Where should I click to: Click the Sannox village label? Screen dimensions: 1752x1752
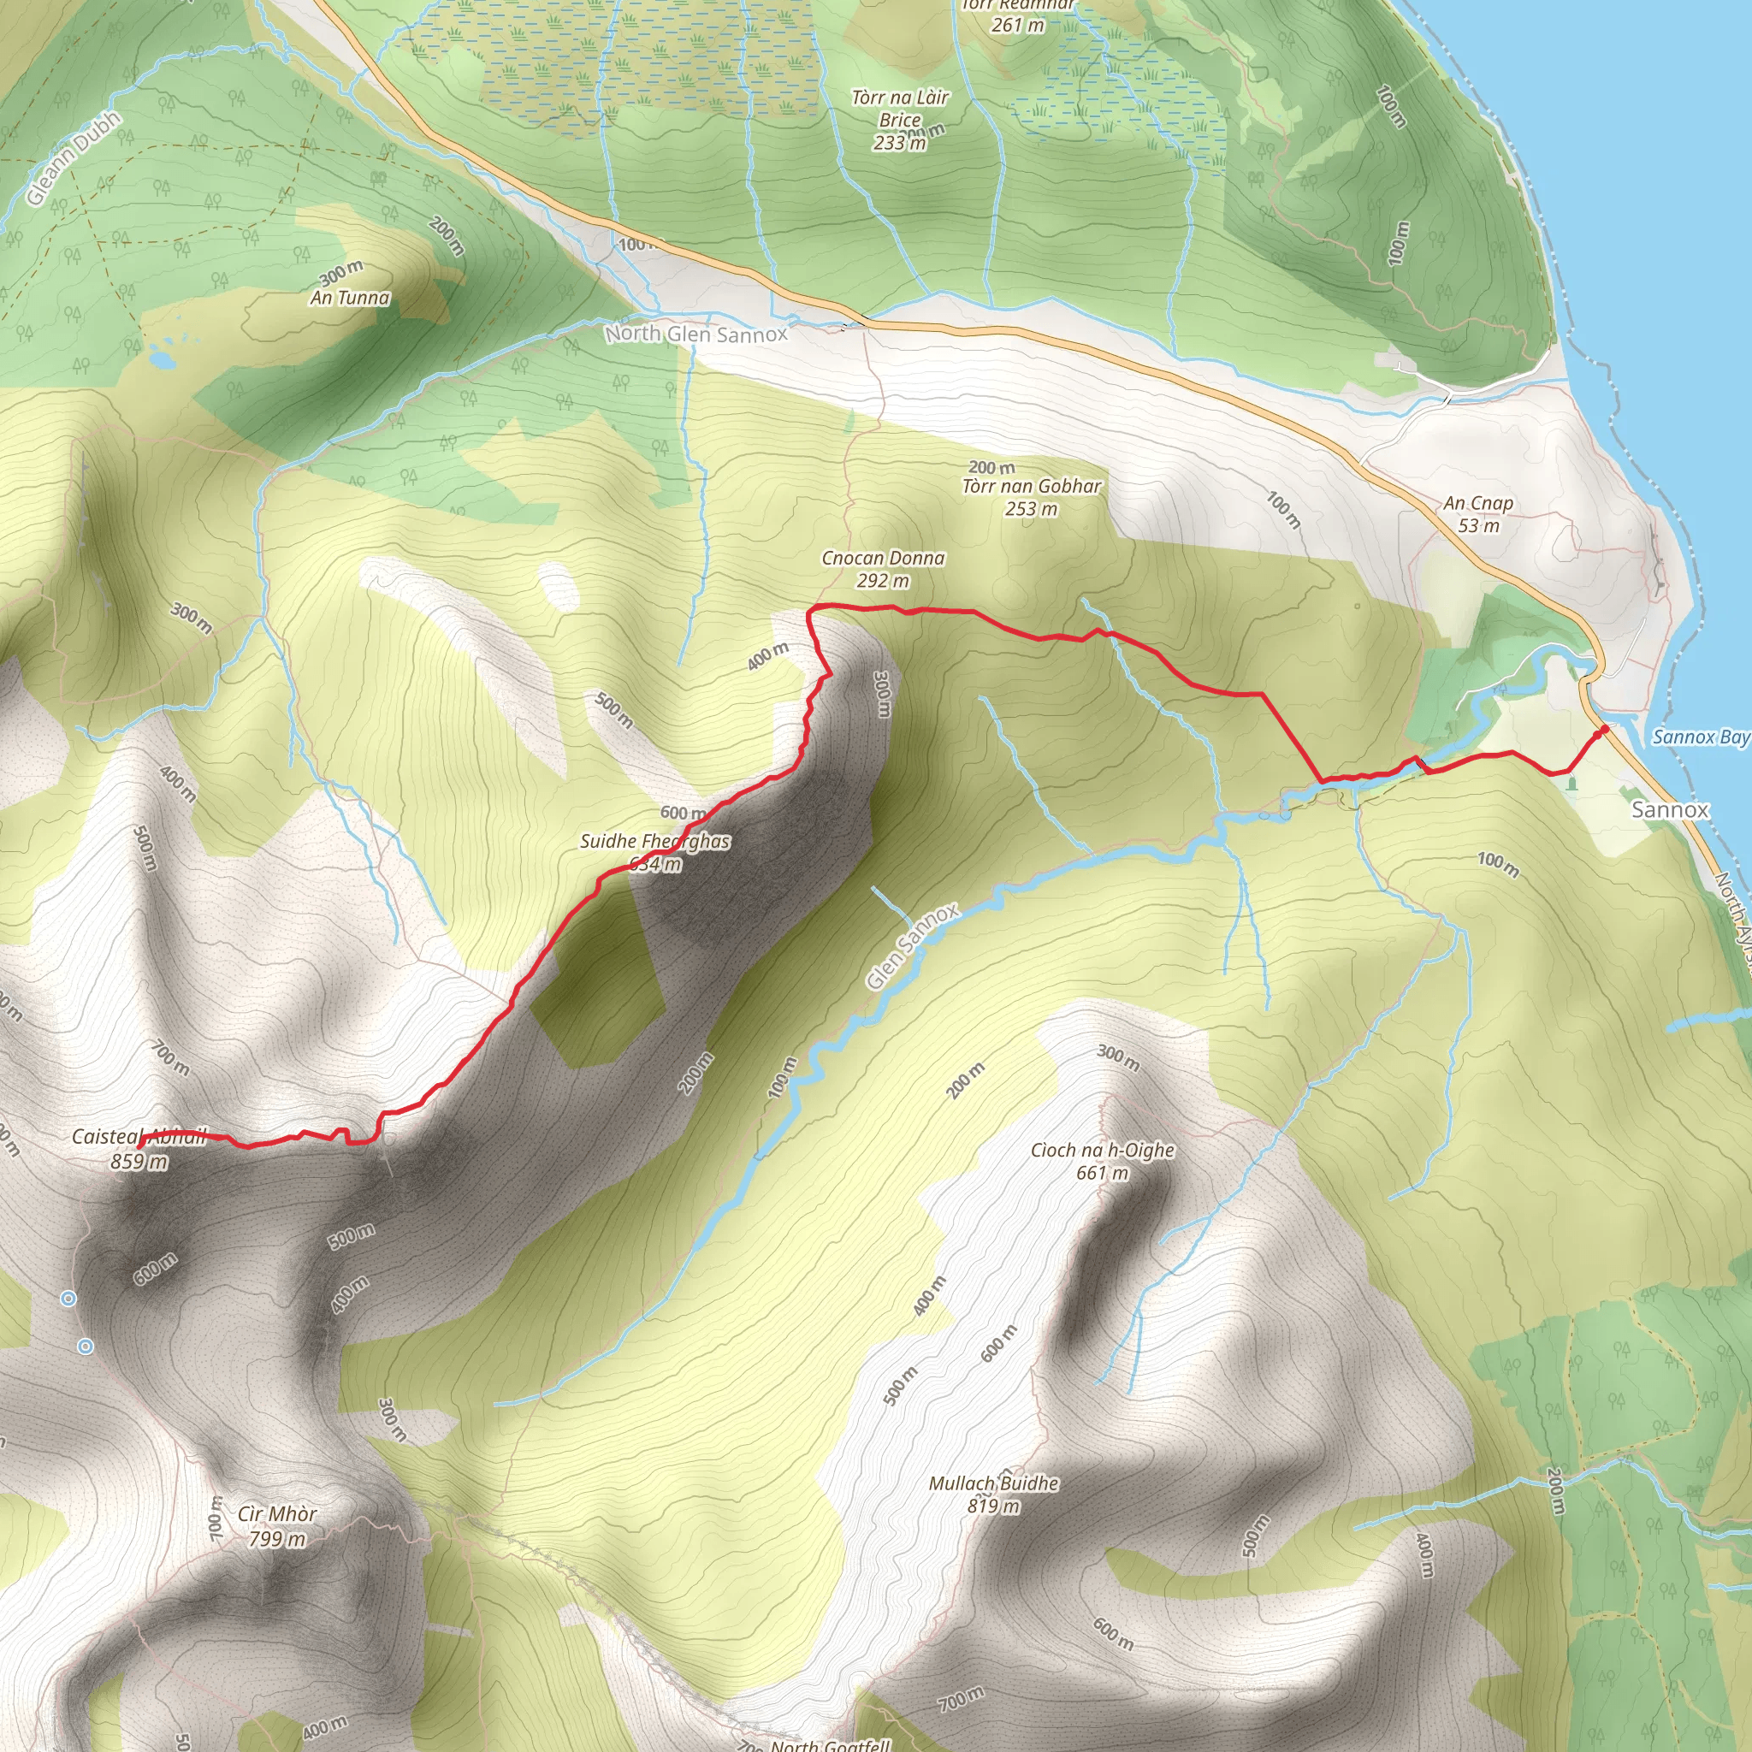coord(1670,809)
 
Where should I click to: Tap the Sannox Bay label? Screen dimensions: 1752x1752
coord(1701,737)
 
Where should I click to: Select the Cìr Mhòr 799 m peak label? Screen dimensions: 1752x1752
coord(277,1525)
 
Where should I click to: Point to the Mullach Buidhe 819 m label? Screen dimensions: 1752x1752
coord(993,1495)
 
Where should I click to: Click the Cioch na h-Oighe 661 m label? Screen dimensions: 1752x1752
coord(1102,1161)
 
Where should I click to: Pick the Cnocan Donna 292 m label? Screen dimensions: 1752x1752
coord(882,569)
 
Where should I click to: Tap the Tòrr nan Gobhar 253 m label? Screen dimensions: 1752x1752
coord(1031,497)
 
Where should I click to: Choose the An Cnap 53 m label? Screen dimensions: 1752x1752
coord(1478,513)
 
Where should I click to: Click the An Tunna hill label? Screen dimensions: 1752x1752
coord(350,298)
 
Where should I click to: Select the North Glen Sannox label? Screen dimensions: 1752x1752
coord(696,334)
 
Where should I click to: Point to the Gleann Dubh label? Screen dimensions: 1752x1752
coord(73,159)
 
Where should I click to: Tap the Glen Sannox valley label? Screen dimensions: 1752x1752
coord(911,947)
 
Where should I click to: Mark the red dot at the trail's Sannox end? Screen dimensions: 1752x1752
coord(1603,729)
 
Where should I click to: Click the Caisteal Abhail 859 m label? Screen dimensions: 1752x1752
coord(138,1148)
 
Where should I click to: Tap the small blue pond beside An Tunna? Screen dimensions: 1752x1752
coord(163,360)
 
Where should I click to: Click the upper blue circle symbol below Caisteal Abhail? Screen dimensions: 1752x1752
coord(68,1299)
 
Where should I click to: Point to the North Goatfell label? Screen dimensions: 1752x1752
coord(830,1743)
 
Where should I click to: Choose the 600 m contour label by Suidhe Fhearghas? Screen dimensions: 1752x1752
coord(682,813)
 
